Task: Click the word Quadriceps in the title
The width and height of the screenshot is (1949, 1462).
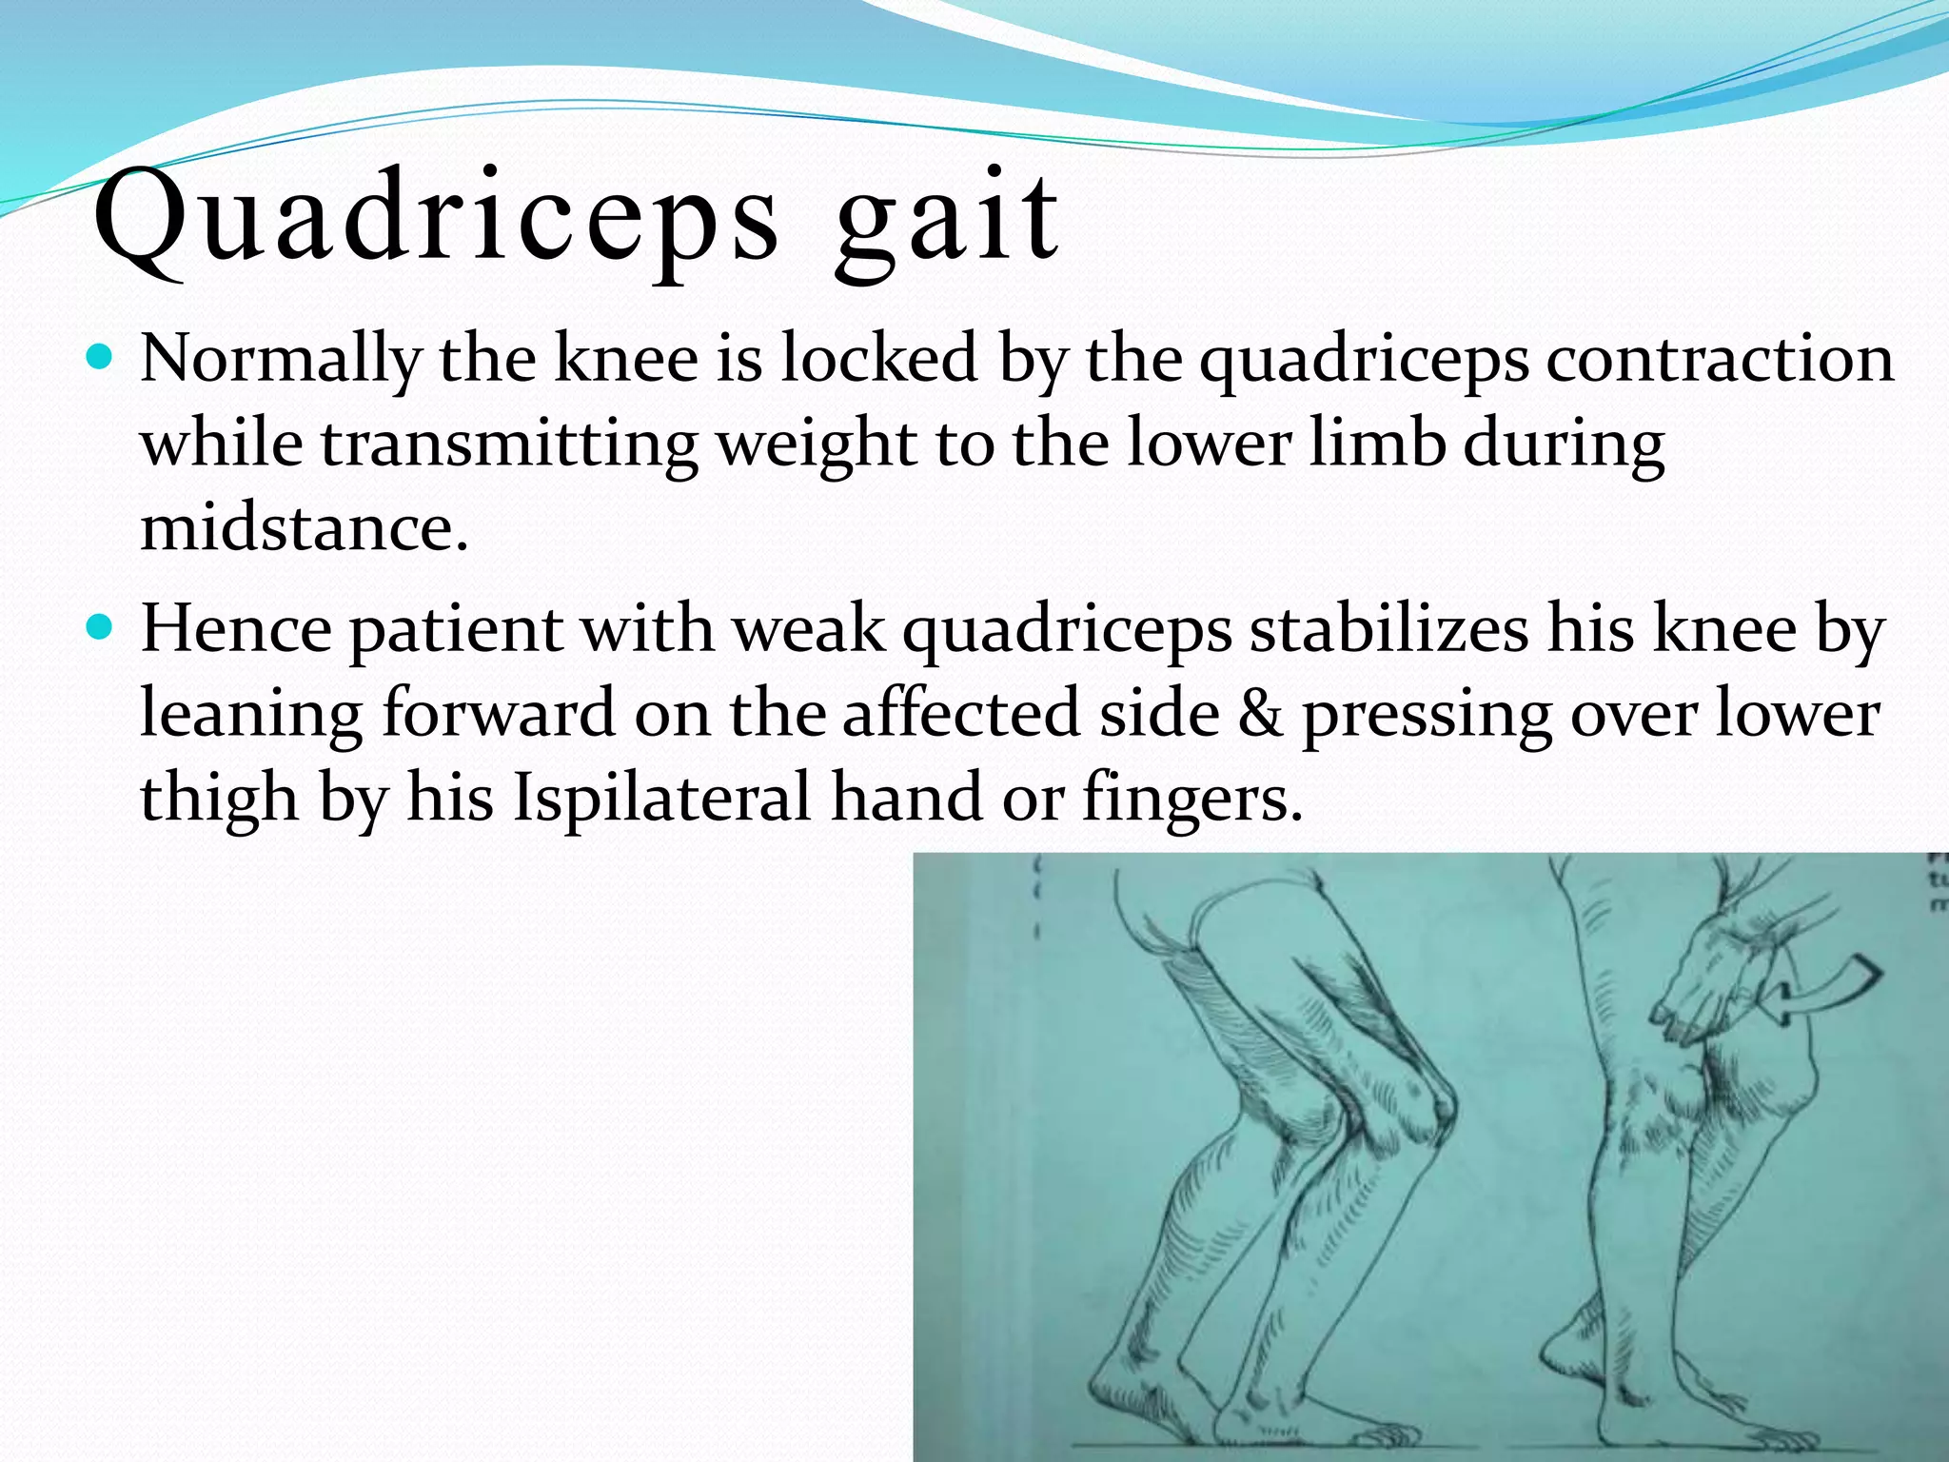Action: tap(435, 221)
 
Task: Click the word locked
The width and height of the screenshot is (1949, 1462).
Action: tap(879, 359)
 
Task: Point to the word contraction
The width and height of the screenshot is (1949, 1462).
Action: tap(1719, 359)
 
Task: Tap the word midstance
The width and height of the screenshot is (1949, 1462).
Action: tap(304, 527)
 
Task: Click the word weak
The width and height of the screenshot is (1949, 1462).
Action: tap(810, 629)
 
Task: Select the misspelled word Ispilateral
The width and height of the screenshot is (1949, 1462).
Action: tap(662, 798)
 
